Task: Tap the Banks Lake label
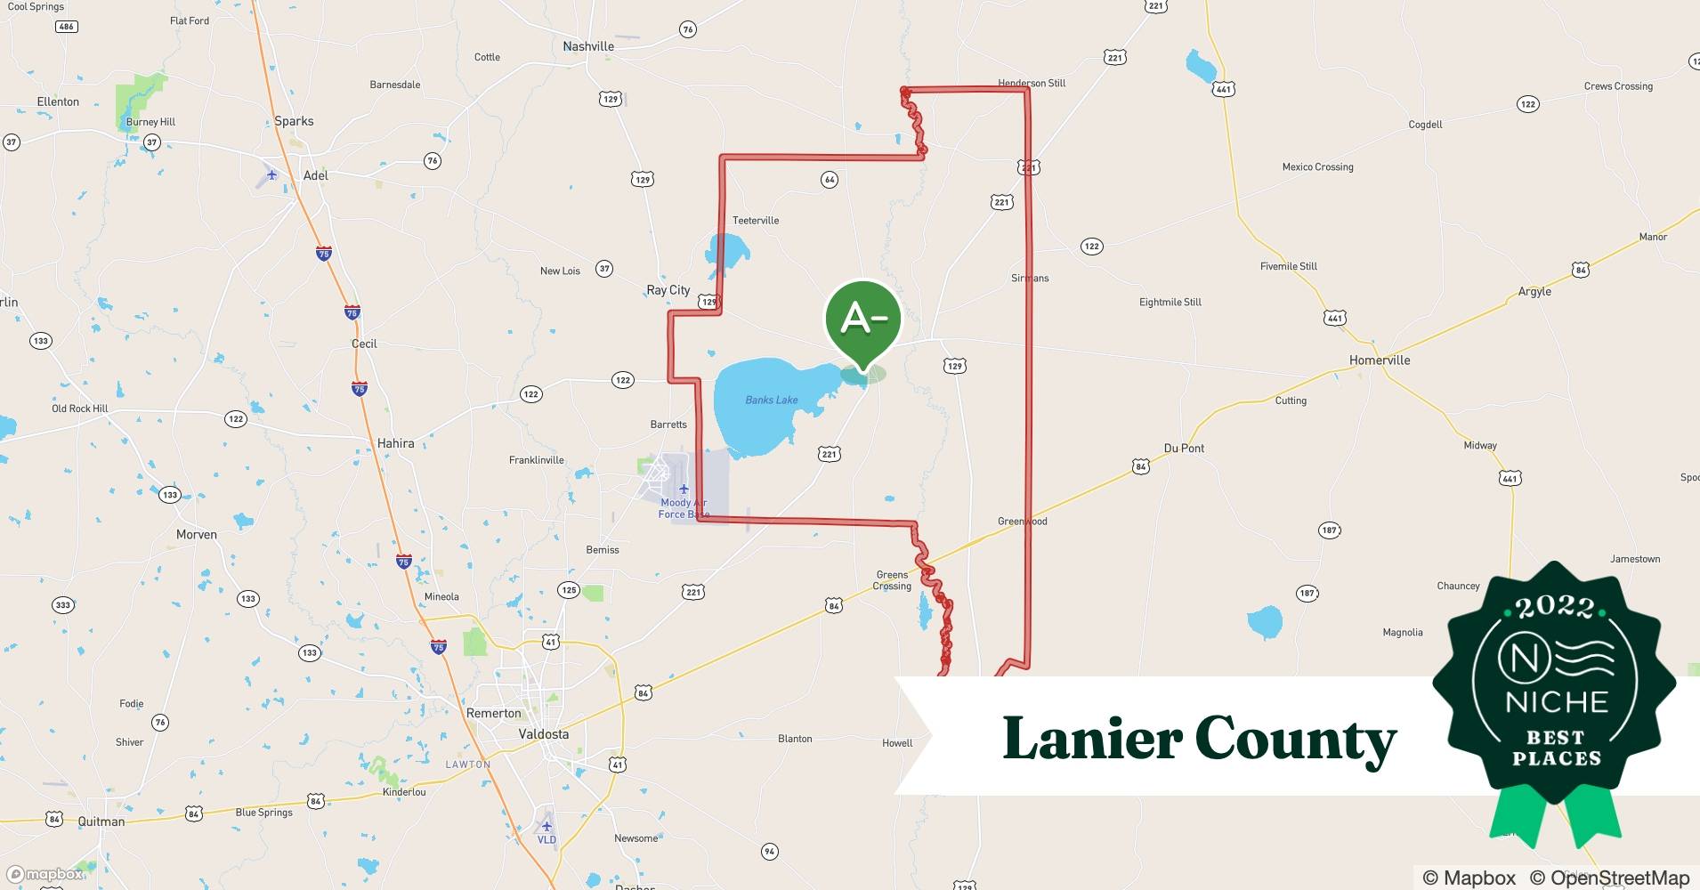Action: tap(771, 400)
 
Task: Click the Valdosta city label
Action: tap(543, 734)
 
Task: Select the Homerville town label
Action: tap(1380, 360)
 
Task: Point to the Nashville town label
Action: tap(588, 46)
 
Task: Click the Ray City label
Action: tap(668, 290)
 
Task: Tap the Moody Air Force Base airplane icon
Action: tap(684, 489)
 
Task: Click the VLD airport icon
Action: tap(546, 826)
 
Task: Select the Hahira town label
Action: tap(395, 443)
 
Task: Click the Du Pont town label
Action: tap(1184, 449)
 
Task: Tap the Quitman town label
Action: tap(101, 821)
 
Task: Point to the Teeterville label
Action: tap(755, 221)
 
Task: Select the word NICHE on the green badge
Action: tap(1557, 701)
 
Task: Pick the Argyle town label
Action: tap(1534, 292)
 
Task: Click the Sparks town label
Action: tap(294, 121)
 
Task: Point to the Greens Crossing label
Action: tap(892, 580)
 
